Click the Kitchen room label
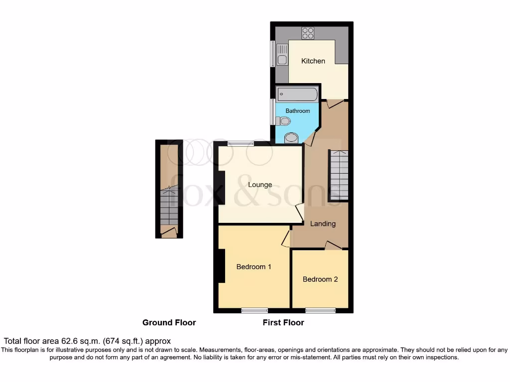(313, 61)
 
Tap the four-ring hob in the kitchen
(307, 33)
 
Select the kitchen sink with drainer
(282, 55)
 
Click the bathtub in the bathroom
(297, 94)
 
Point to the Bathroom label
(297, 111)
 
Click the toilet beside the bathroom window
(283, 121)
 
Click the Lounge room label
(260, 185)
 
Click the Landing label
(323, 224)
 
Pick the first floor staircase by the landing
(339, 175)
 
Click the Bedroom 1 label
(254, 267)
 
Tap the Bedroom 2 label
(320, 279)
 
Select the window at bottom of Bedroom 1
(254, 311)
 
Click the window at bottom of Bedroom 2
(320, 311)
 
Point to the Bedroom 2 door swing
(333, 245)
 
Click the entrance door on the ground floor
(169, 231)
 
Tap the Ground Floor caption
(169, 322)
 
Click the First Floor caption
(283, 322)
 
